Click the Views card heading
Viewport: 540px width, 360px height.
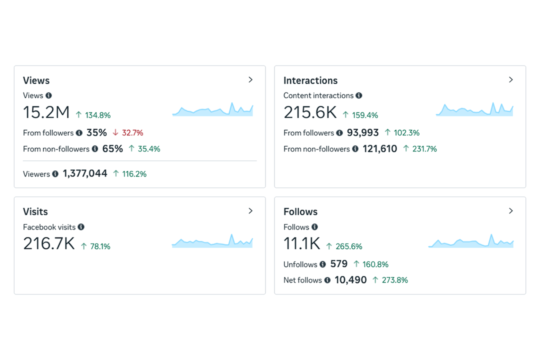36,80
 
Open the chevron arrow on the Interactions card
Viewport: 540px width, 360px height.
510,80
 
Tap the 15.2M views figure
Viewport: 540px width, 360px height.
46,112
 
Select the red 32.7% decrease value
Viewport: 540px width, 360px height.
132,133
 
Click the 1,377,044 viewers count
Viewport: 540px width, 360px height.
85,174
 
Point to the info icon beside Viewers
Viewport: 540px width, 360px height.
55,174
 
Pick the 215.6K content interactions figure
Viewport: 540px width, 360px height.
310,112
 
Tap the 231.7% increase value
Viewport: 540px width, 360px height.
424,149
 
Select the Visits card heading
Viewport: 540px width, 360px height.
35,211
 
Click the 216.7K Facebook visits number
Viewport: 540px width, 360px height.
49,243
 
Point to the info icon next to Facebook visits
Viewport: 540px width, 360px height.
81,227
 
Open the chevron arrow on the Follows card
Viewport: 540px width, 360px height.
510,211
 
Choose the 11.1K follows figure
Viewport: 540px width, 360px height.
301,243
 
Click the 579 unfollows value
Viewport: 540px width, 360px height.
339,264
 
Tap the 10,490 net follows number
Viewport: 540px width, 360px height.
350,280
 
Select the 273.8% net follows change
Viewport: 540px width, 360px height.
395,280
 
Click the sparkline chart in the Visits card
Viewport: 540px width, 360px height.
212,242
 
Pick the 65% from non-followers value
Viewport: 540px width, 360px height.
112,149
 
